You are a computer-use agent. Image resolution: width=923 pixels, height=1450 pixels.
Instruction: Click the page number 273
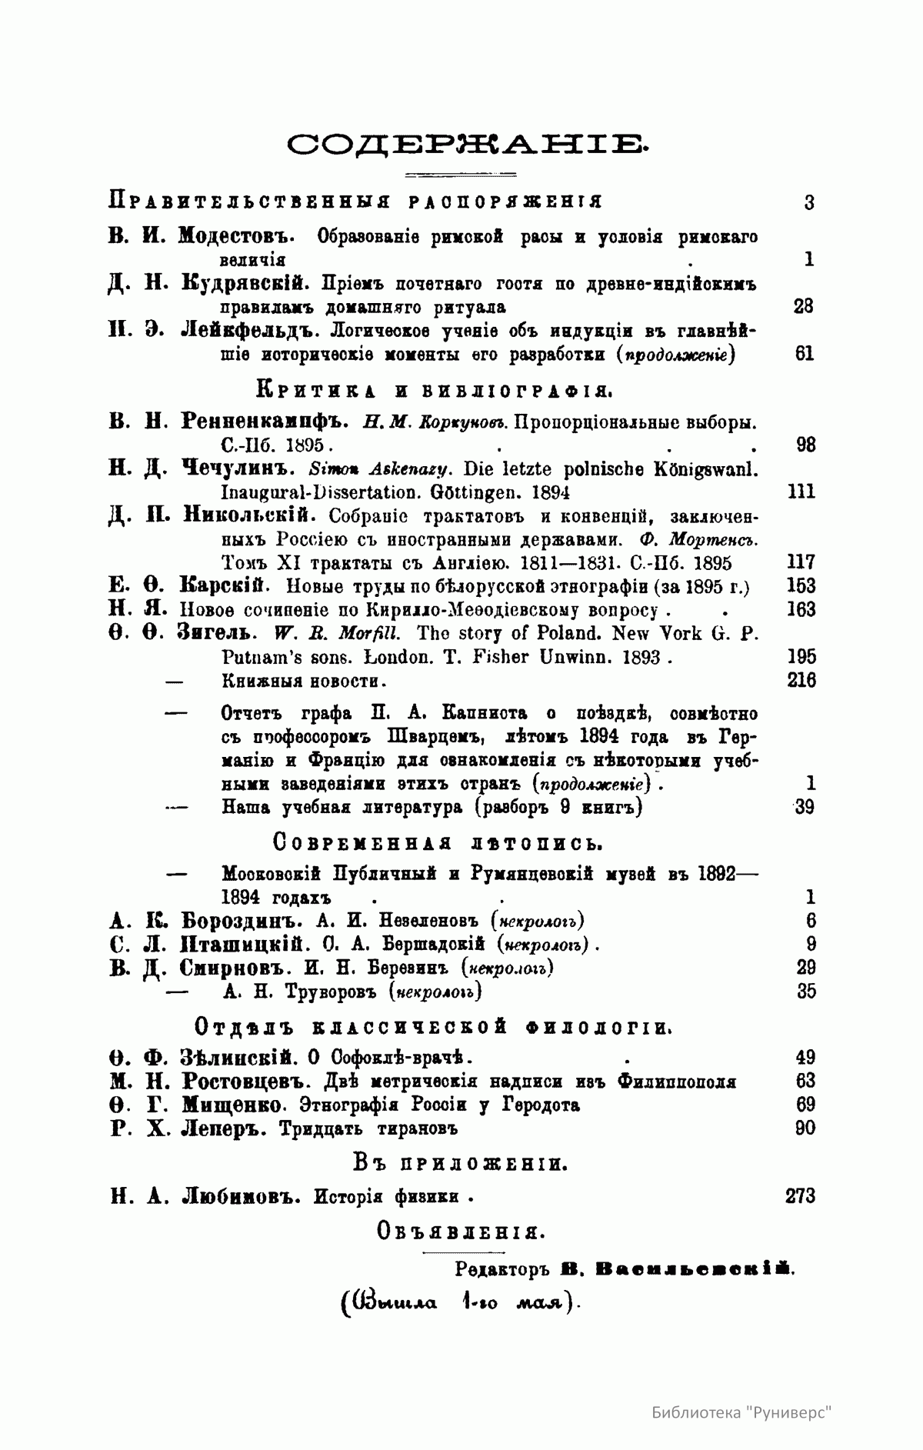pos(800,1195)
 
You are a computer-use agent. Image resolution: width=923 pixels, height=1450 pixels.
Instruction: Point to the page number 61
pos(804,354)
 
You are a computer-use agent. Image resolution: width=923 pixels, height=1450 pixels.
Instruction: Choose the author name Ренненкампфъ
pos(266,422)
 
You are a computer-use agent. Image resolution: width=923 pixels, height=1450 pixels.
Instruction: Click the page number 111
pos(801,492)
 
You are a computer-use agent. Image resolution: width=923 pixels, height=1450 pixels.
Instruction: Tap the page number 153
pos(801,585)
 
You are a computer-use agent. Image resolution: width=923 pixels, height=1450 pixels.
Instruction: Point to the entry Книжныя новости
pos(303,681)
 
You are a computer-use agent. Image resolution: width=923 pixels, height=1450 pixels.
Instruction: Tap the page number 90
pos(805,1128)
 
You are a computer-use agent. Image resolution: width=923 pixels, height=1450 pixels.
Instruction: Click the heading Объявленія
pos(461,1232)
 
